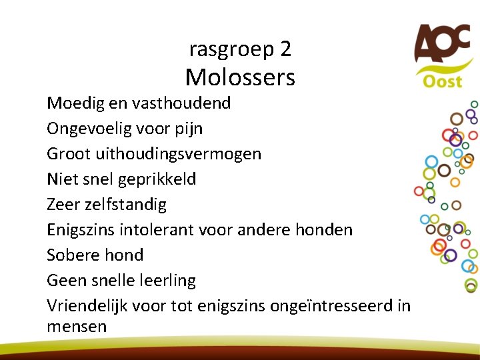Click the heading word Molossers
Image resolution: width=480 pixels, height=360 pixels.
click(x=240, y=78)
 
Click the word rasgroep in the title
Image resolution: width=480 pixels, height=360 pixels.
click(x=230, y=49)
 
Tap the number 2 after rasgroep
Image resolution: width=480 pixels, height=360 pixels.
click(x=286, y=49)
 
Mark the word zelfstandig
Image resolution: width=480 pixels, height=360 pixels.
click(x=127, y=205)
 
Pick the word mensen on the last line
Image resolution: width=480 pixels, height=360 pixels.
click(x=77, y=327)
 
